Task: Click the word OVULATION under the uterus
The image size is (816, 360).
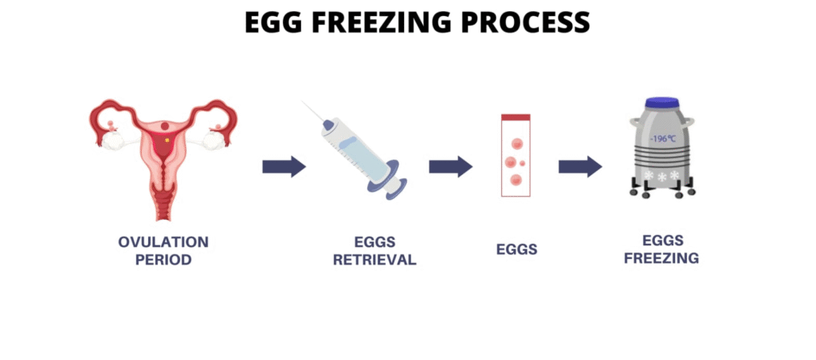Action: (x=163, y=242)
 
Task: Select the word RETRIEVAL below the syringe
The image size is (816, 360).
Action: (x=375, y=260)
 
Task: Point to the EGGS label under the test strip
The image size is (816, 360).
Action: (x=516, y=250)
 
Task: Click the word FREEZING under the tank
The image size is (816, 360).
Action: (x=661, y=258)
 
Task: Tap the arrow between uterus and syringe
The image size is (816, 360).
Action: (x=284, y=166)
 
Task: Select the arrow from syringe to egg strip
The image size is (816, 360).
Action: (x=451, y=166)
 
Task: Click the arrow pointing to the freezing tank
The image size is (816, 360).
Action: (x=580, y=166)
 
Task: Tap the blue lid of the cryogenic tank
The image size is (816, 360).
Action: (x=661, y=104)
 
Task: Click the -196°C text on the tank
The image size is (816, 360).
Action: (x=662, y=139)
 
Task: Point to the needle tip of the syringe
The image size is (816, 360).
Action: (x=303, y=101)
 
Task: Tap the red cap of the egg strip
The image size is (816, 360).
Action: (x=516, y=117)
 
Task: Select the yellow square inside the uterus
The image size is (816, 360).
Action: (x=167, y=140)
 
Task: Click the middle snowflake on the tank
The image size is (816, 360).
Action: (x=662, y=177)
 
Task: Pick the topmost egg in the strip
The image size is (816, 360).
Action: (x=516, y=143)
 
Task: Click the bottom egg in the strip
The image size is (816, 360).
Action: (x=516, y=180)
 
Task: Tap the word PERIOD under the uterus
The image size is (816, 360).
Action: (x=163, y=260)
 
